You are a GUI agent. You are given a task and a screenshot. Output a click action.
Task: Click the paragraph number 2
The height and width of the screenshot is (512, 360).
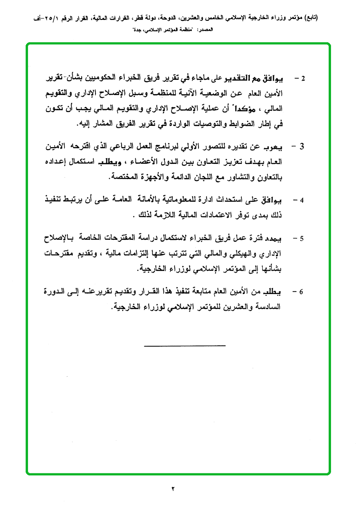point(304,77)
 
